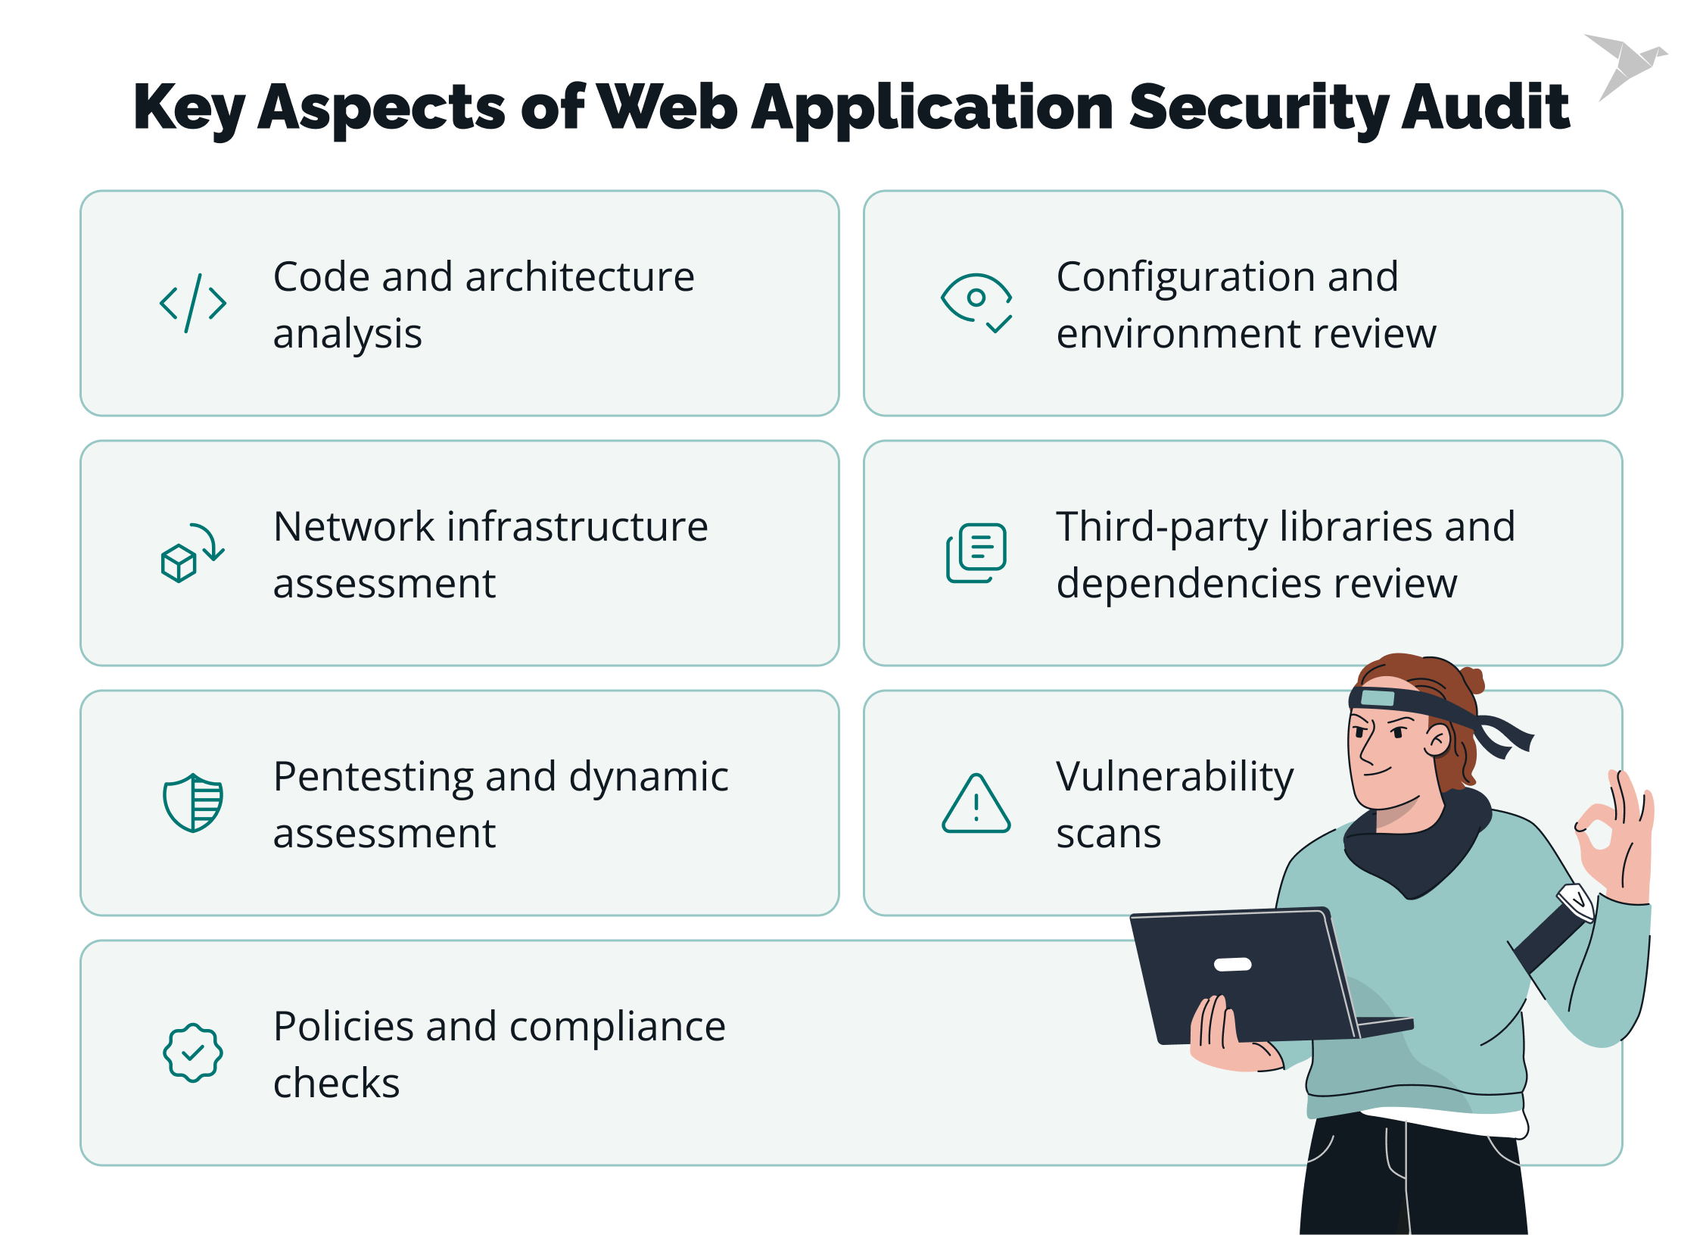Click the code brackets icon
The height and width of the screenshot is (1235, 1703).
pyautogui.click(x=193, y=304)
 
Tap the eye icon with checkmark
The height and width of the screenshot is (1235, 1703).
pyautogui.click(x=976, y=302)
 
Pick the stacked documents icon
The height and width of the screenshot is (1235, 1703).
pyautogui.click(x=976, y=553)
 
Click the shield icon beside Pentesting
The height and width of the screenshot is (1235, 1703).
pyautogui.click(x=193, y=803)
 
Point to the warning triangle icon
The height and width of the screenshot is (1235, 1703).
pyautogui.click(x=976, y=804)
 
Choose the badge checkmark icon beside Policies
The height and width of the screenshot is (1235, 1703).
pyautogui.click(x=193, y=1053)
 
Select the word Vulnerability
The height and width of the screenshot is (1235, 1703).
pyautogui.click(x=1175, y=778)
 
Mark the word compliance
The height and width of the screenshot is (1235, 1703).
pyautogui.click(x=617, y=1028)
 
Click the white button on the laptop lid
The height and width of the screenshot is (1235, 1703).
pyautogui.click(x=1232, y=964)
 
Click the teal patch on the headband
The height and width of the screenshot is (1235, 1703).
pyautogui.click(x=1377, y=697)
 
